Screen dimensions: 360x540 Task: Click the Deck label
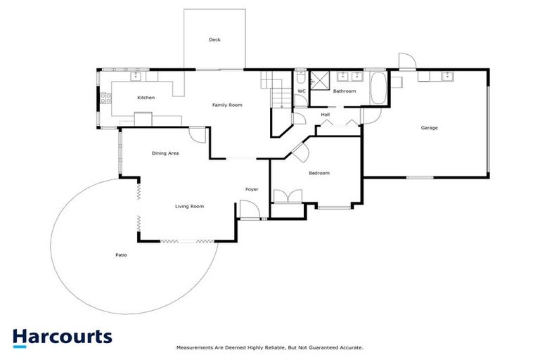click(214, 40)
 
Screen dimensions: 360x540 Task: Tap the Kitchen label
click(146, 98)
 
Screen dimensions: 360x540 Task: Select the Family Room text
click(227, 105)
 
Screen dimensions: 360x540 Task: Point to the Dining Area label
click(165, 153)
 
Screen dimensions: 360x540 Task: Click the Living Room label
click(189, 206)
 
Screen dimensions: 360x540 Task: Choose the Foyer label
click(252, 189)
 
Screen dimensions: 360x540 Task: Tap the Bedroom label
click(319, 173)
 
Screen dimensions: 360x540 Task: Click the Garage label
click(429, 128)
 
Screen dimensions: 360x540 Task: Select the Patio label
click(102, 255)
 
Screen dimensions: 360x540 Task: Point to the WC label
click(301, 91)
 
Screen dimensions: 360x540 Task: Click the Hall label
click(325, 115)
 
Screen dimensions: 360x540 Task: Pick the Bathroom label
click(345, 91)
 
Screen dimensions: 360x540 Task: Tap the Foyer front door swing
click(248, 210)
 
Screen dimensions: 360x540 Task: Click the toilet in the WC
click(301, 78)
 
